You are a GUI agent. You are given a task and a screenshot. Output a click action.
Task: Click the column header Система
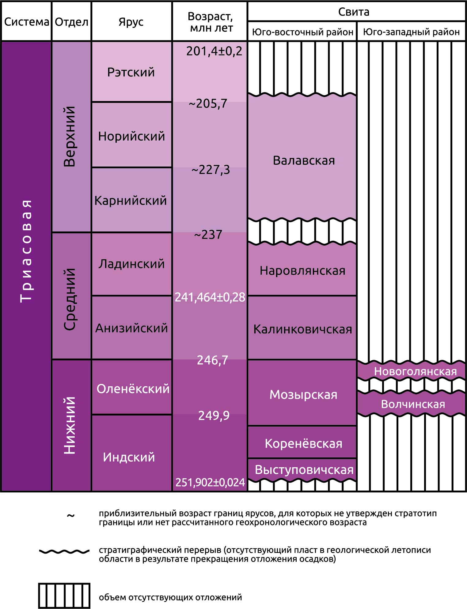click(x=26, y=22)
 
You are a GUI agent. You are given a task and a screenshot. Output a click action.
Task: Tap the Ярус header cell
click(x=131, y=22)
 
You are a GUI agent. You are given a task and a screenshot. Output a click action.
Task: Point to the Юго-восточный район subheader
click(x=302, y=32)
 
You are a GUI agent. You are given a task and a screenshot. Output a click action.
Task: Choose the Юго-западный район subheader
click(x=411, y=32)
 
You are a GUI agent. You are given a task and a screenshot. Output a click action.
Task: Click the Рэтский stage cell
click(x=131, y=72)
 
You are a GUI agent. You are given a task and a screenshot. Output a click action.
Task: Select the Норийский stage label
click(x=131, y=136)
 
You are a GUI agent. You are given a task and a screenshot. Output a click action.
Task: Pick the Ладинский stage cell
click(x=131, y=264)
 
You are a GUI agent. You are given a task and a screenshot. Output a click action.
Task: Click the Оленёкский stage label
click(x=133, y=389)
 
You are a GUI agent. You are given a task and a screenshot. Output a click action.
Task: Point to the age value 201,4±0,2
click(x=214, y=51)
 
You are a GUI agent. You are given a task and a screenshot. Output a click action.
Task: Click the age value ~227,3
click(x=211, y=170)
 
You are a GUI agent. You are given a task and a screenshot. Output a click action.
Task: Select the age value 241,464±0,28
click(x=210, y=297)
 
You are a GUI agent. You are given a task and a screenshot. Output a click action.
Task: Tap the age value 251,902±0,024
click(x=210, y=482)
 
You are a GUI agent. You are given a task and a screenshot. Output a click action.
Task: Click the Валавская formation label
click(x=304, y=160)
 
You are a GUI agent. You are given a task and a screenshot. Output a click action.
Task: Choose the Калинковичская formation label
click(x=302, y=329)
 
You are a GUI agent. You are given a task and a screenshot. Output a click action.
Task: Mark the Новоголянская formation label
click(x=415, y=371)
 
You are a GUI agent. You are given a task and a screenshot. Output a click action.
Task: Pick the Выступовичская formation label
click(x=304, y=470)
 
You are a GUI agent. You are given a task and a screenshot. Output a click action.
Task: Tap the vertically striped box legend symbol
click(x=64, y=596)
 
